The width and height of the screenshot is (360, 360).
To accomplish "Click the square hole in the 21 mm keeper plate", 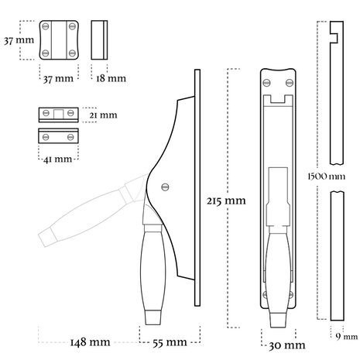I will (60, 114).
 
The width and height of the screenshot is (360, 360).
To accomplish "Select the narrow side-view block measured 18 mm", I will (97, 39).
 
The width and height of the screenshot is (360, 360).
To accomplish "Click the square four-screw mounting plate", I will (60, 39).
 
